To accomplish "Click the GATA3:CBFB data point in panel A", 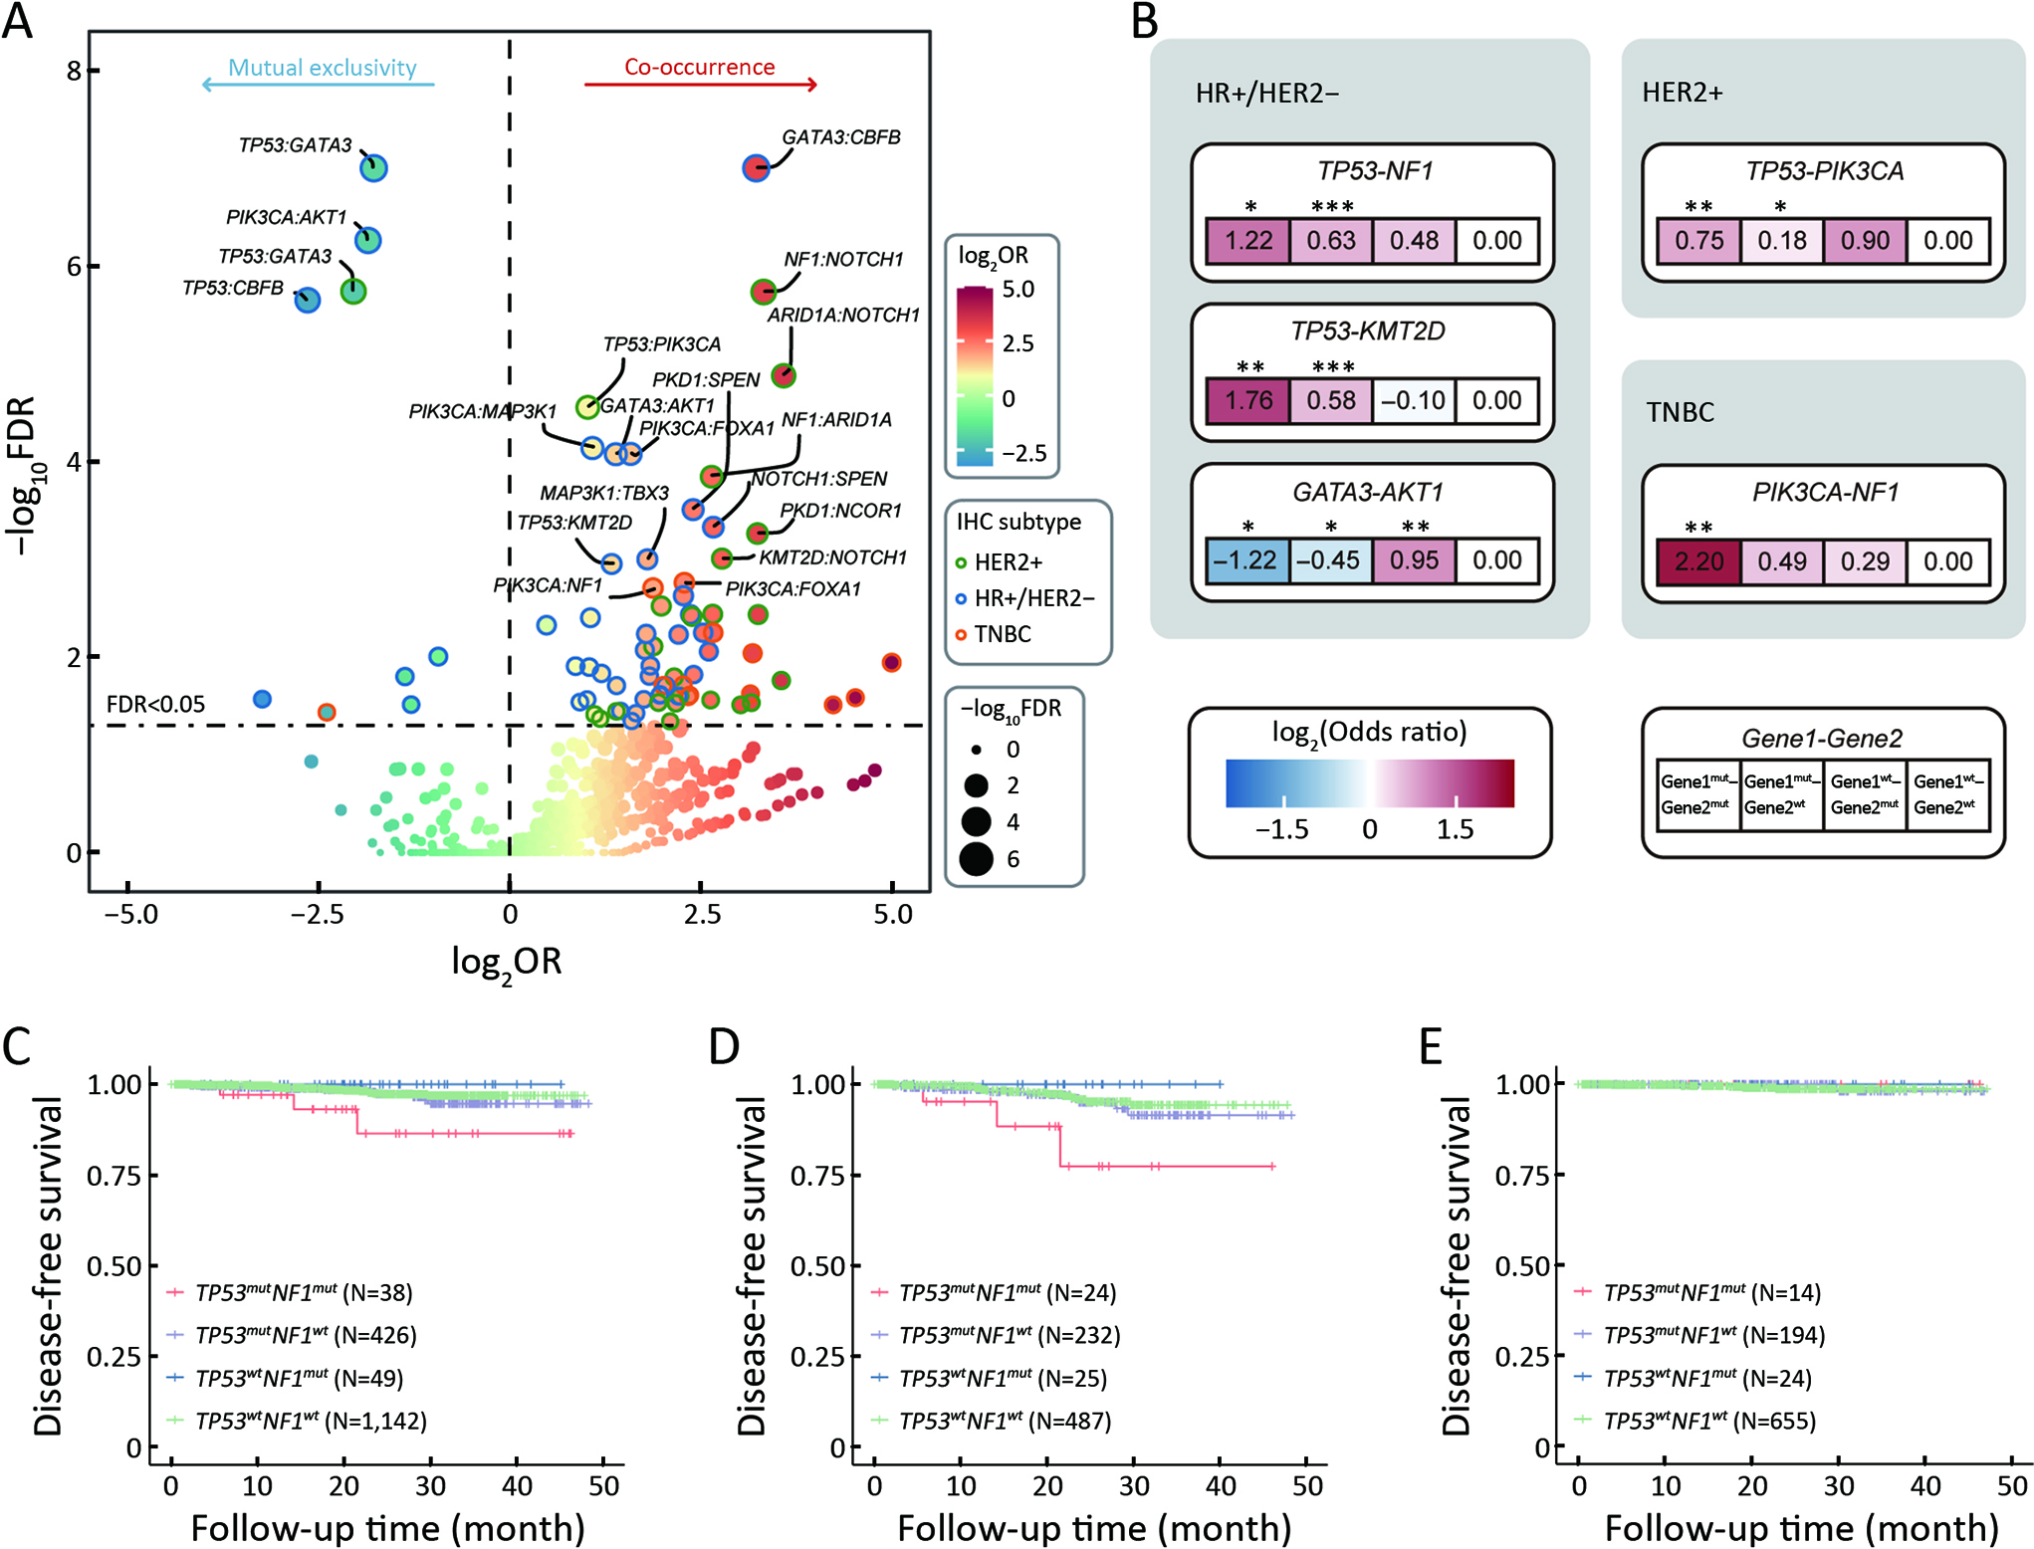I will [756, 167].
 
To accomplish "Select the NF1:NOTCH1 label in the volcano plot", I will [843, 260].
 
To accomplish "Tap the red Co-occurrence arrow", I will [700, 85].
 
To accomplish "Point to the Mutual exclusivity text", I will [322, 68].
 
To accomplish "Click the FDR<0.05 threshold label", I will [155, 705].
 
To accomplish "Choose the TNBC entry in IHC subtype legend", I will [1002, 634].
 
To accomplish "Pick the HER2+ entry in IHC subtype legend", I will [1007, 562].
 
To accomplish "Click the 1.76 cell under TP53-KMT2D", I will [1248, 401].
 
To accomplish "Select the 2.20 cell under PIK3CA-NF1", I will [1698, 561].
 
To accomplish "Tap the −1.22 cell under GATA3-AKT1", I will [1246, 560].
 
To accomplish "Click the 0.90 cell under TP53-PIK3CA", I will [1865, 241].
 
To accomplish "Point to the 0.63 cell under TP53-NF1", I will [1331, 241].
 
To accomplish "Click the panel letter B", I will [1145, 22].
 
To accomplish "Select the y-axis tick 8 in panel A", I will [74, 71].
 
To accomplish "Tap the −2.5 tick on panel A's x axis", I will [317, 914].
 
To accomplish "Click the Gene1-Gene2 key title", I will [1821, 739].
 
